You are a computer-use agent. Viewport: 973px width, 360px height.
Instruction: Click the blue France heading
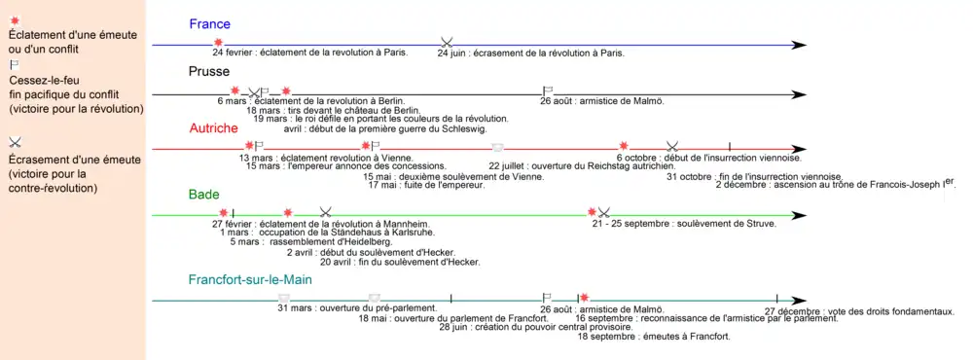[x=209, y=23]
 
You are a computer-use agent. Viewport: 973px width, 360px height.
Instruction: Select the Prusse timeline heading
[x=209, y=71]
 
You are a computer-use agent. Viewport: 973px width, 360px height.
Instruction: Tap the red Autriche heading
[x=213, y=127]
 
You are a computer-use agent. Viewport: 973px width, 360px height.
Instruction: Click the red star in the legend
[x=14, y=19]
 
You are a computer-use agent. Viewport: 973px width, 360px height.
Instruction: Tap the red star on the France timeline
[x=218, y=42]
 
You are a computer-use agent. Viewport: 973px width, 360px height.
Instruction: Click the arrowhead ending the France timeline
[x=799, y=44]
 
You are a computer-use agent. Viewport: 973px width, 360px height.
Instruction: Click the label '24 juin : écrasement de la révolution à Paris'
[x=530, y=54]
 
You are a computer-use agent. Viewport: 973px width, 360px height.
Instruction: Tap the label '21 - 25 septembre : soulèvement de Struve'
[x=658, y=224]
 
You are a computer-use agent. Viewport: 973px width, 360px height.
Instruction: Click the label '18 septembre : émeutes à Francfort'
[x=653, y=337]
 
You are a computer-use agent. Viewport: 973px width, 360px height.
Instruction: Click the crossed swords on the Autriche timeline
[x=671, y=146]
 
